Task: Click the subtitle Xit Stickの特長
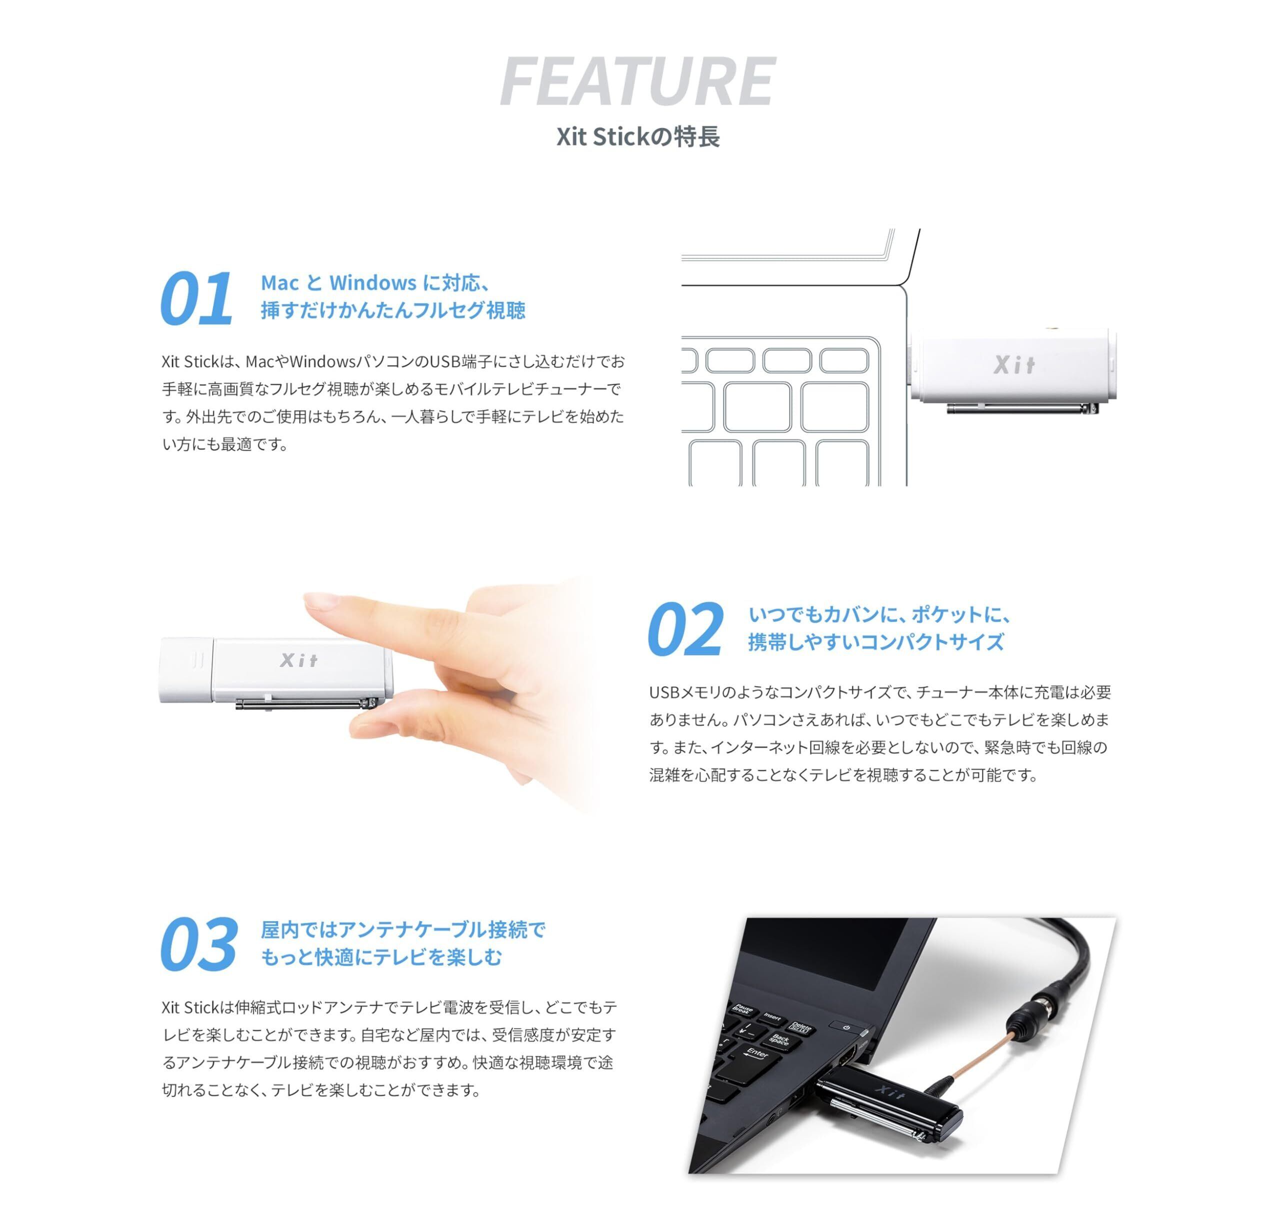[637, 136]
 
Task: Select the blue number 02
[685, 629]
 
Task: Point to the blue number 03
[198, 945]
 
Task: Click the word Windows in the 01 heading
[372, 282]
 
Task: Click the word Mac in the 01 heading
[279, 282]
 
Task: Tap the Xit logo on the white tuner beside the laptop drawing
[1013, 364]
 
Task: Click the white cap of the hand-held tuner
[186, 670]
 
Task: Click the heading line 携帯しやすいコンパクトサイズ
[875, 642]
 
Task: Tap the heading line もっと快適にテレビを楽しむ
[381, 957]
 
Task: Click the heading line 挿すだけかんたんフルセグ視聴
[392, 310]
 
